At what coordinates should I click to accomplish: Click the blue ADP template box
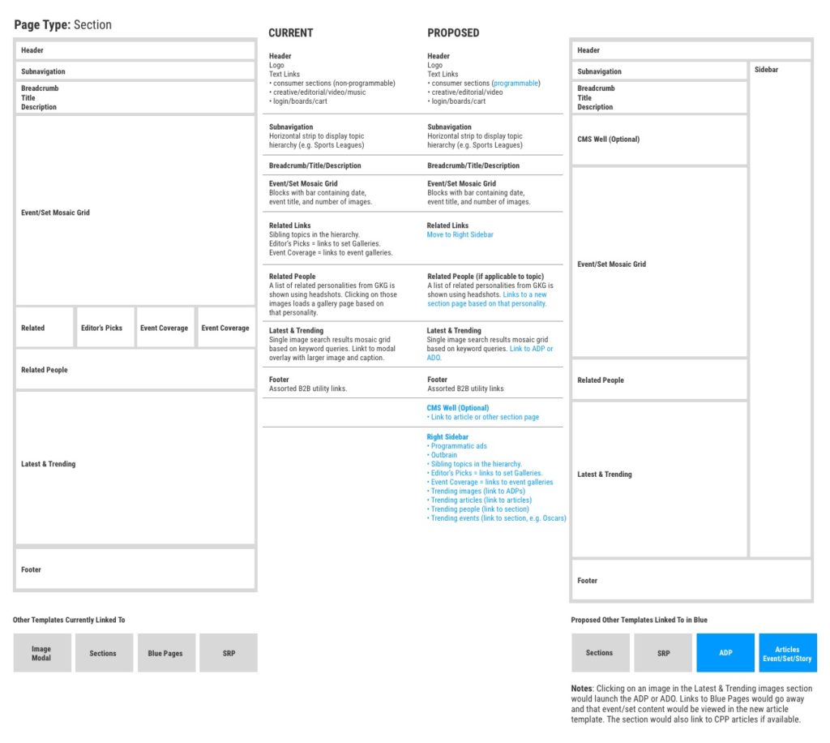click(x=725, y=653)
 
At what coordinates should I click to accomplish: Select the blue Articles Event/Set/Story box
click(x=787, y=653)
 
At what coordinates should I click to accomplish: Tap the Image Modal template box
click(x=41, y=653)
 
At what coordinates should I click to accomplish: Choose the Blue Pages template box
click(x=165, y=653)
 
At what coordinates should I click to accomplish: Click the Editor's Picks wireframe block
click(x=102, y=328)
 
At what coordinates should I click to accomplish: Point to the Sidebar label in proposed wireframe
click(x=766, y=70)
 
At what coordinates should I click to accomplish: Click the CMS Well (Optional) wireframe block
click(x=658, y=140)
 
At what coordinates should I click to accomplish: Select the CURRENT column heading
click(x=290, y=33)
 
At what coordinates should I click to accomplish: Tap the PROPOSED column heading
click(x=453, y=33)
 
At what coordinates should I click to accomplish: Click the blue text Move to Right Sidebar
click(x=460, y=234)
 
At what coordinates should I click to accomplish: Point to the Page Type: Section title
click(x=63, y=25)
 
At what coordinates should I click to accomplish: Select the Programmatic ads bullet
click(x=458, y=446)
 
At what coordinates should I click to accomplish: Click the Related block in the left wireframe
click(x=44, y=328)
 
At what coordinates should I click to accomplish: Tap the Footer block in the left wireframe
click(x=135, y=569)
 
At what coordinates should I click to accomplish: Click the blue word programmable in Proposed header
click(x=516, y=83)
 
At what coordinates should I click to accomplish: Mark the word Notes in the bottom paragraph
click(x=582, y=688)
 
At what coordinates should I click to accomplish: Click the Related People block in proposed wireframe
click(x=658, y=380)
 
